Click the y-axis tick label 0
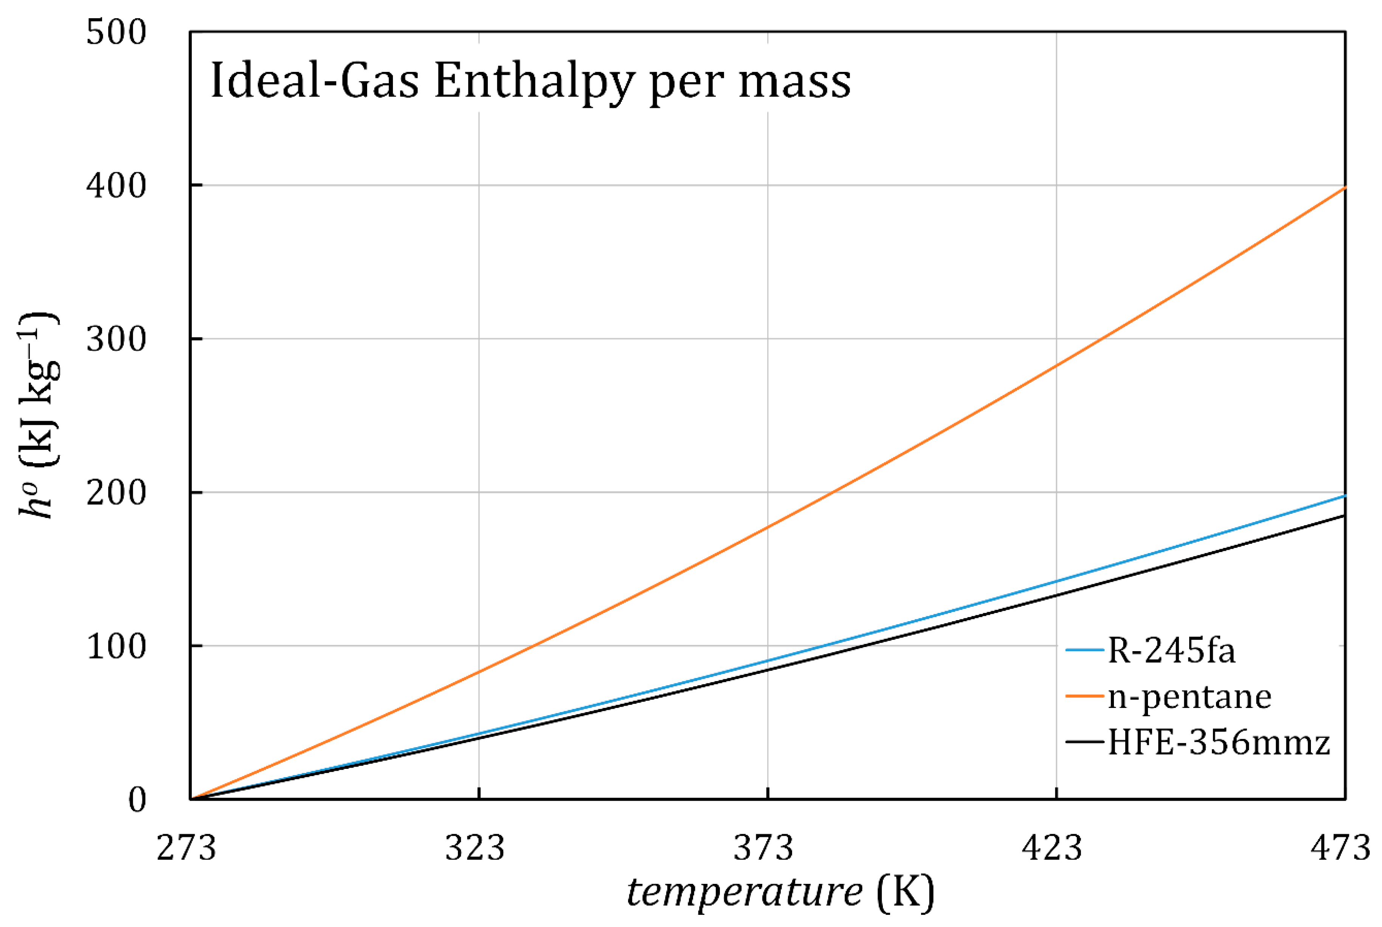coord(137,800)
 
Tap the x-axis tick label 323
coord(475,848)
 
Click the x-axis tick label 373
coord(763,848)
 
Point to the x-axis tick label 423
coord(1052,848)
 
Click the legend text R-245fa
coord(1171,651)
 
